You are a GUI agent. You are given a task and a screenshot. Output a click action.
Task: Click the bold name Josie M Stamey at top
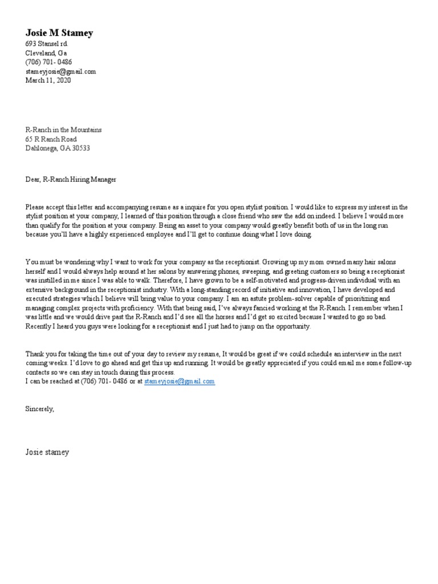pyautogui.click(x=59, y=33)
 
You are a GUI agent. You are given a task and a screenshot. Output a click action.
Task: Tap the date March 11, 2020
pyautogui.click(x=48, y=80)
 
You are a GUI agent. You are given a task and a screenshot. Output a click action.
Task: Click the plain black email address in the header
pyautogui.click(x=60, y=71)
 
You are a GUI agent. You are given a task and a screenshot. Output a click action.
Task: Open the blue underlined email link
pyautogui.click(x=179, y=381)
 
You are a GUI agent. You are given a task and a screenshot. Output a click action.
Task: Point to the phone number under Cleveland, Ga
pyautogui.click(x=48, y=62)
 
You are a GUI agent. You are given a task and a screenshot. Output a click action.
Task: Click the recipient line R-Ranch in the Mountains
pyautogui.click(x=63, y=130)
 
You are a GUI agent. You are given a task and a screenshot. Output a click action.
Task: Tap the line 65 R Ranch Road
pyautogui.click(x=51, y=139)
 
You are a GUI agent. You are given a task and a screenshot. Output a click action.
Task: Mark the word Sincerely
pyautogui.click(x=39, y=409)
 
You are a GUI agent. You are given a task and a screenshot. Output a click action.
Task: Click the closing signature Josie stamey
pyautogui.click(x=47, y=452)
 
